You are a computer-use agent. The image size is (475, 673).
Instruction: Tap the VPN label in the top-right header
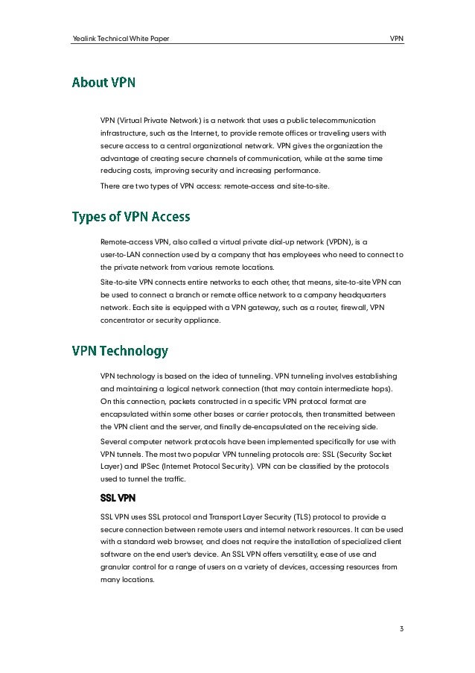pos(397,38)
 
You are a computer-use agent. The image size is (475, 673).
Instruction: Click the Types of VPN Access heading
pos(130,218)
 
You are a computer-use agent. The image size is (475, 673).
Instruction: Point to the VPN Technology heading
pos(119,350)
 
